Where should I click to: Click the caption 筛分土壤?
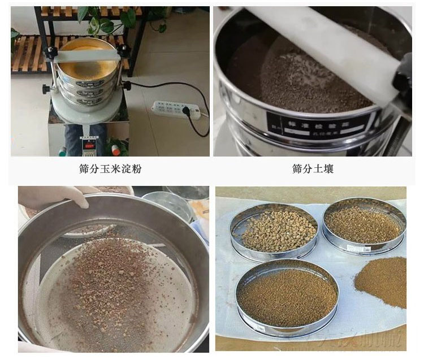[313, 169]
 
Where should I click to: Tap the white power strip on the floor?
[176, 109]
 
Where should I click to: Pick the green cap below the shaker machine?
[62, 151]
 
